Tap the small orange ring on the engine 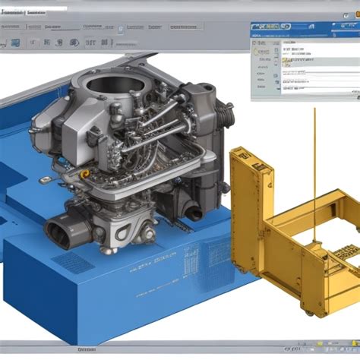point(85,174)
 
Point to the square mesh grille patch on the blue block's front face point(74,262)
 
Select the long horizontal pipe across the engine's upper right point(163,114)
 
